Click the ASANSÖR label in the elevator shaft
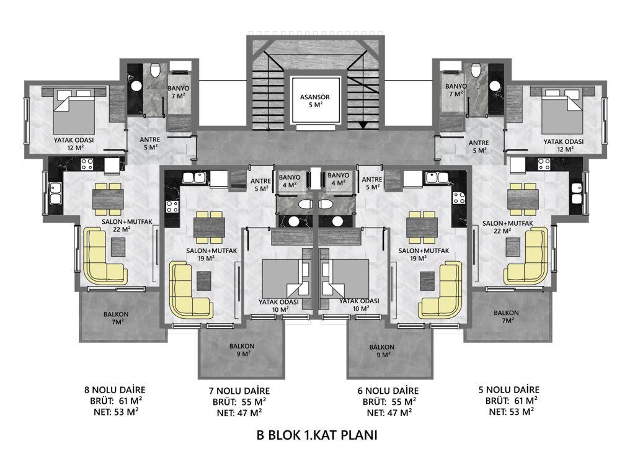point(314,97)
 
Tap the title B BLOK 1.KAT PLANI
point(317,435)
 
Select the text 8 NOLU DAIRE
point(115,390)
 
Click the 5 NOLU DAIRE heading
point(508,390)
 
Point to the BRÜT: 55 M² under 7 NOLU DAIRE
point(239,402)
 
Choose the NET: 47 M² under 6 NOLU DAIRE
point(389,413)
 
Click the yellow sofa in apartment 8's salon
point(104,256)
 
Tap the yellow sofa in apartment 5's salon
point(526,256)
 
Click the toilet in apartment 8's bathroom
point(154,70)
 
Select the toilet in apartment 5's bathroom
point(476,70)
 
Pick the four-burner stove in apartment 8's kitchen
point(87,164)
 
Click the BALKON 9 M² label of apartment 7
point(242,350)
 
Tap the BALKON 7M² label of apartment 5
point(506,317)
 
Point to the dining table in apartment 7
point(210,227)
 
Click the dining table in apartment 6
point(422,227)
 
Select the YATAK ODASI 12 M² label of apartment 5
point(563,145)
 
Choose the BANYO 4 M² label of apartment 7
point(290,181)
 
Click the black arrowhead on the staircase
point(363,125)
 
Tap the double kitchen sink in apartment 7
point(193,177)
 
